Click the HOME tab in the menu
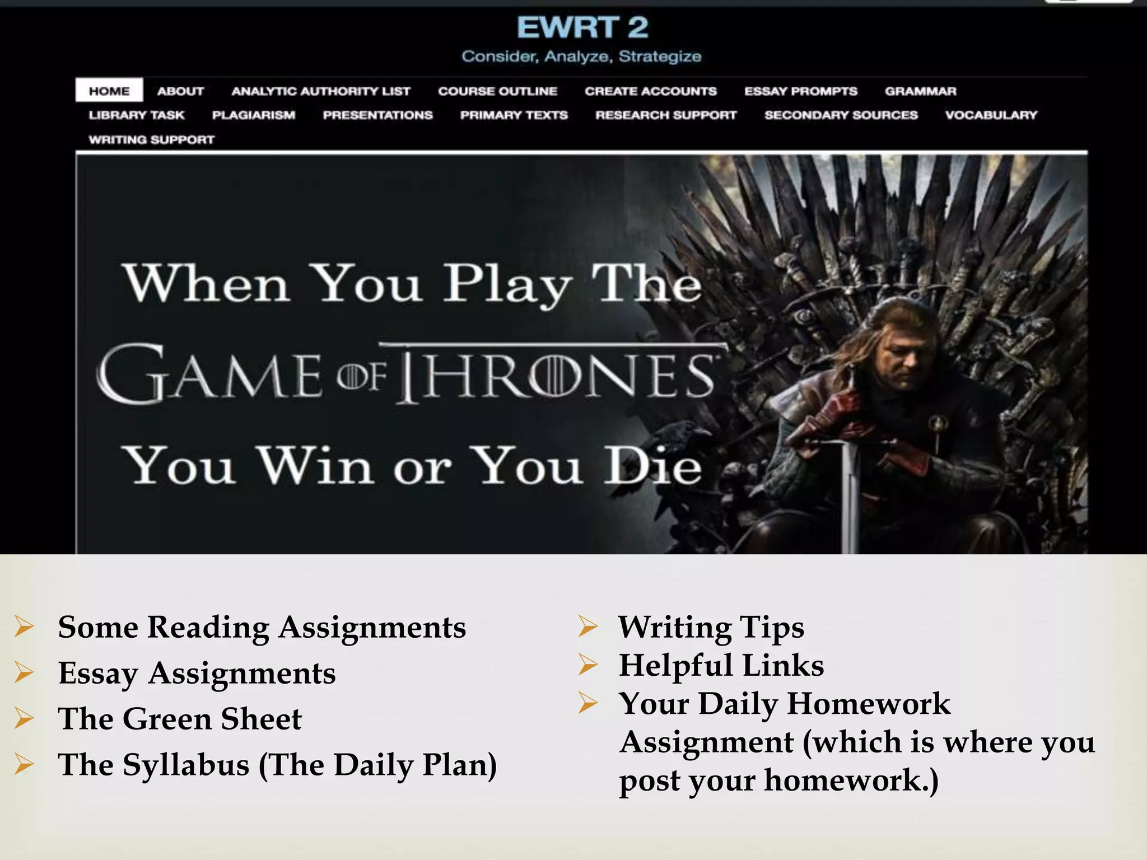tap(109, 91)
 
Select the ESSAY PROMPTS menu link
tap(800, 91)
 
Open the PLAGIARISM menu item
tap(253, 115)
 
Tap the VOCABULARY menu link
tap(991, 115)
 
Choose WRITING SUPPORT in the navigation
tap(151, 139)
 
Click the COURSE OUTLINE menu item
tap(497, 91)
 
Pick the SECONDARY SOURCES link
tap(841, 115)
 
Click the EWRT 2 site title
tap(582, 27)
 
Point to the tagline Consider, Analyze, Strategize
tap(581, 57)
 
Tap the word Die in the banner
tap(652, 466)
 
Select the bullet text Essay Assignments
tap(197, 673)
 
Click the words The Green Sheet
tap(179, 719)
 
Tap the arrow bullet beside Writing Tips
tap(588, 627)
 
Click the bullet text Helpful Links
tap(721, 665)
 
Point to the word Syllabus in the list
tap(186, 765)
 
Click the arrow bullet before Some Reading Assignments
tap(24, 627)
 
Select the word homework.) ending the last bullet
tap(851, 780)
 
